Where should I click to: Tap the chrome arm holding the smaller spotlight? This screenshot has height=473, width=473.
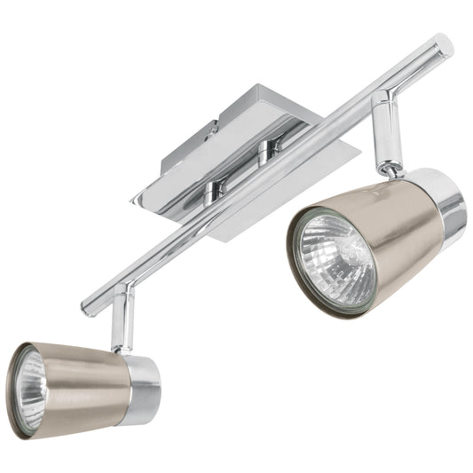pos(122,319)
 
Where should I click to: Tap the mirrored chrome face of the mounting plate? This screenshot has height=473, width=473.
pos(293,191)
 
